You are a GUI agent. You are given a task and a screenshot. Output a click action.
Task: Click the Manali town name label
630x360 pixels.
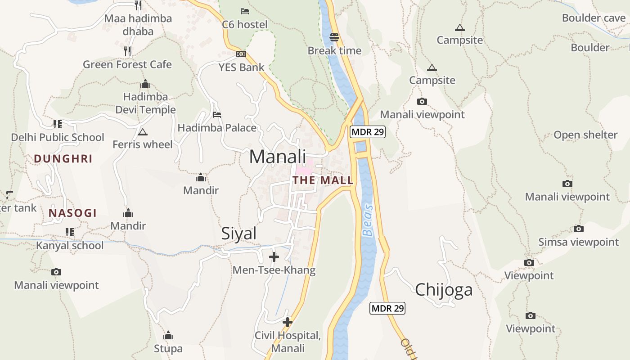(x=278, y=157)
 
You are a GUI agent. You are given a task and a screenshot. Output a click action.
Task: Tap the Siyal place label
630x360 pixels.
(x=239, y=234)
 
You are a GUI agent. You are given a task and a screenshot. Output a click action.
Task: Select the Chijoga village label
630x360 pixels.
(x=444, y=290)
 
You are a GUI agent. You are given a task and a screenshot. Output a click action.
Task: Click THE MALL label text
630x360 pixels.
(x=323, y=180)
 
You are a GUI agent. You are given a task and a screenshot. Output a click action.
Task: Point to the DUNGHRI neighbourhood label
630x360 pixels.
(x=63, y=159)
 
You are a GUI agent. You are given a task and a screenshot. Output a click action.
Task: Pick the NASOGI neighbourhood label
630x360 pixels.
(x=72, y=213)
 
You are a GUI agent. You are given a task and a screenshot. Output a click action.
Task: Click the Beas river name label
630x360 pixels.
(x=368, y=220)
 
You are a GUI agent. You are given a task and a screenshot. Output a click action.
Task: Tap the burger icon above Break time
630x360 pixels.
(x=334, y=37)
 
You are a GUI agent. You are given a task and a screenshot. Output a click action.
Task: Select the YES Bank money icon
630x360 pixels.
(x=241, y=54)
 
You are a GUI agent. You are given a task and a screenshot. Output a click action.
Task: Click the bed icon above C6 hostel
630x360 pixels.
(x=244, y=11)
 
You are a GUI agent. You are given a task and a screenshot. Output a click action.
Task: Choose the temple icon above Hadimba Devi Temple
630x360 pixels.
(x=145, y=84)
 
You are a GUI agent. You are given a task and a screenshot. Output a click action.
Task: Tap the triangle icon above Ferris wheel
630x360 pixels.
(x=143, y=132)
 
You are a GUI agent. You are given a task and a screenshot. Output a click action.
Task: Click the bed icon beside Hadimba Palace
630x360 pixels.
(x=217, y=115)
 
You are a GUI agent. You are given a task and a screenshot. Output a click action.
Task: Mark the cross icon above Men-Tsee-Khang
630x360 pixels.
(x=274, y=257)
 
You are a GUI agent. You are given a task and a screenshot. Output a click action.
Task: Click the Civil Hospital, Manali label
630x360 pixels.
(x=288, y=342)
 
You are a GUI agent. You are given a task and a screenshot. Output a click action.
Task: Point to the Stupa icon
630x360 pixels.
(x=168, y=335)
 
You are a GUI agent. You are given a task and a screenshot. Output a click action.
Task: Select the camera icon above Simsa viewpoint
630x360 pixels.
(x=578, y=229)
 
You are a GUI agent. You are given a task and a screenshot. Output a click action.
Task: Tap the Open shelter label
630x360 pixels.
(x=585, y=135)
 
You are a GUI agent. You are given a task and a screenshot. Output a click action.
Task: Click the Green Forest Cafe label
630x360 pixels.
(x=127, y=65)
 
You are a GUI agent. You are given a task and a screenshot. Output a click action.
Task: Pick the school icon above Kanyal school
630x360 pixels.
(x=69, y=232)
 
